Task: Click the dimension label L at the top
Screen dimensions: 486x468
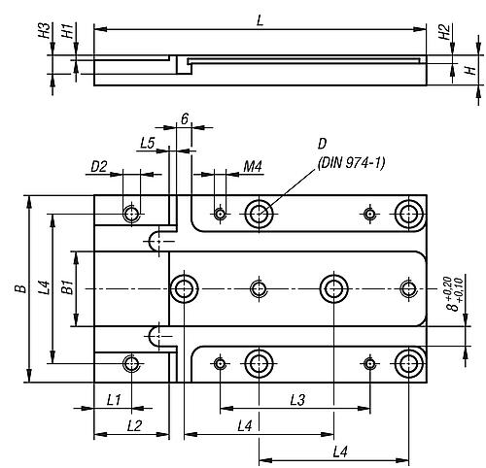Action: (x=260, y=20)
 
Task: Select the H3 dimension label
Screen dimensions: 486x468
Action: (x=45, y=30)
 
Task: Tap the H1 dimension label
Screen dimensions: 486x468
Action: (x=68, y=30)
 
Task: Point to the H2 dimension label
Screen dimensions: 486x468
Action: (x=445, y=32)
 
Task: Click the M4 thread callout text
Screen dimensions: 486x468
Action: (x=253, y=167)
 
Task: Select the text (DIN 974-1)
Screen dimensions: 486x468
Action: (x=351, y=163)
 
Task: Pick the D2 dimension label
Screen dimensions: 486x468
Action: (x=98, y=167)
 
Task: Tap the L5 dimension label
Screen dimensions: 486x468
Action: (x=148, y=143)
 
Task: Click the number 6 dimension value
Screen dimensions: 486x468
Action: (x=185, y=119)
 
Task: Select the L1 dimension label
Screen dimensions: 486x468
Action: (x=114, y=401)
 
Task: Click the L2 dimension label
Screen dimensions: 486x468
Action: (x=134, y=426)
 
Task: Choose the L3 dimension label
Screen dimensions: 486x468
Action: (x=297, y=400)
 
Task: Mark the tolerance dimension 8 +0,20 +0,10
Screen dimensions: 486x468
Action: (x=454, y=294)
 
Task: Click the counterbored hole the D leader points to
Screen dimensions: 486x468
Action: (x=259, y=214)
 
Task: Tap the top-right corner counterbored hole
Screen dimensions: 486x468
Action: (x=409, y=214)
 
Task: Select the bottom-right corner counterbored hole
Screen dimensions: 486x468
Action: (x=409, y=364)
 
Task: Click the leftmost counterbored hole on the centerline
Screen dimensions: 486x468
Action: (x=184, y=288)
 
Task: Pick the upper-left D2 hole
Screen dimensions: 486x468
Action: (x=131, y=214)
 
